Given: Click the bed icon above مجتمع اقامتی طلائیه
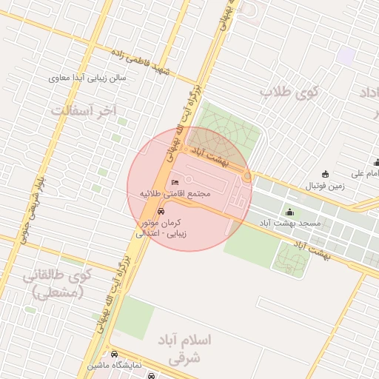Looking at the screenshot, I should [175, 182].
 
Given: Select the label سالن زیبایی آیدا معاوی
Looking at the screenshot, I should [88, 77].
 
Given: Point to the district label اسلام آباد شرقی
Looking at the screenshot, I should [185, 349].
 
